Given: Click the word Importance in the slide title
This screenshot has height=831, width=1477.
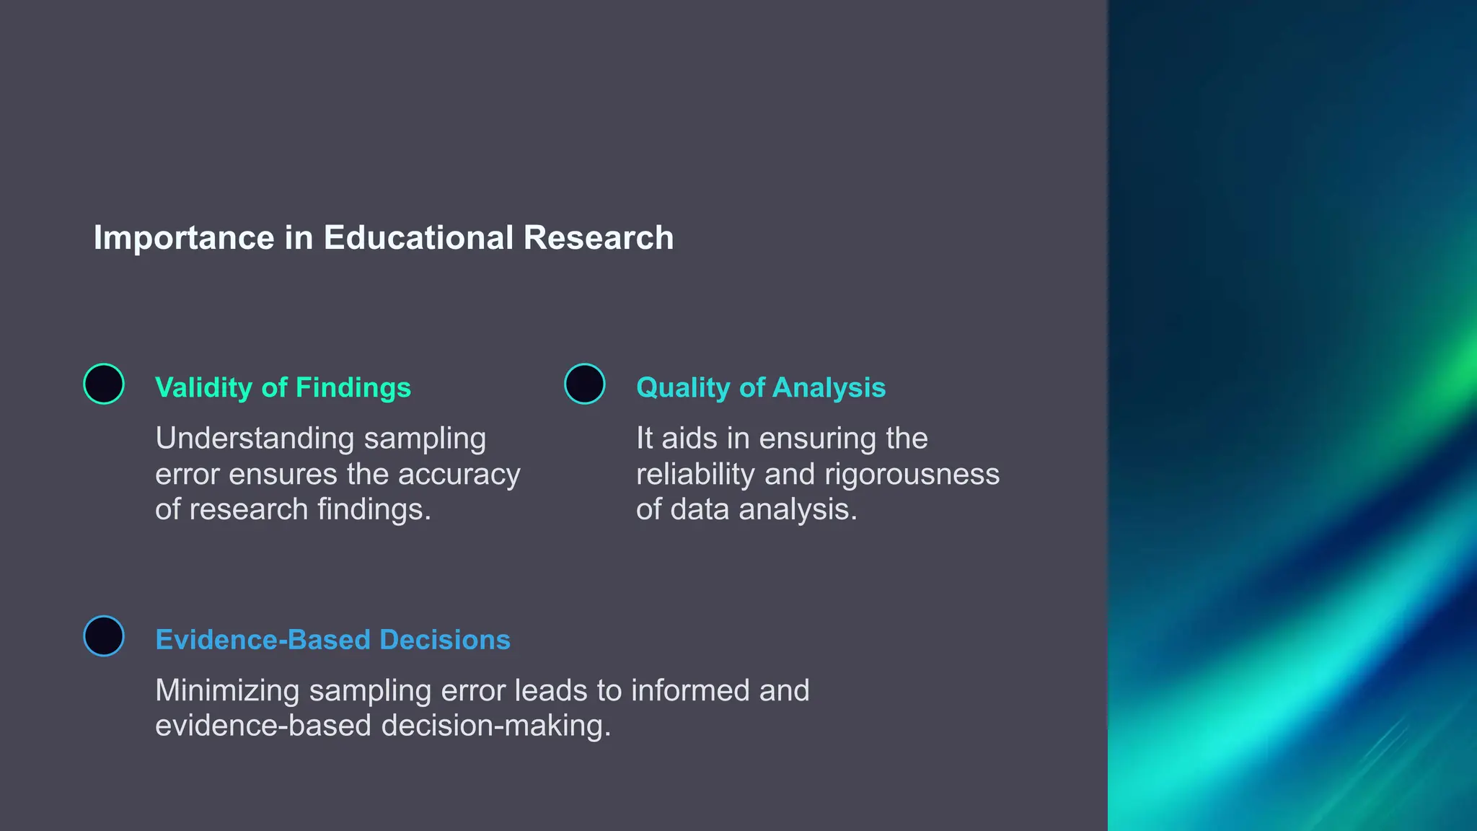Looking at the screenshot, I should click(184, 238).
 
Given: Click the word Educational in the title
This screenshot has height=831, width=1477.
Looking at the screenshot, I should click(418, 238).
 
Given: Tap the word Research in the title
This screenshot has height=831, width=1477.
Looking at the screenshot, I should click(599, 238).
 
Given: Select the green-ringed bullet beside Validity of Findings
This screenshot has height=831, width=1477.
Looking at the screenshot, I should click(104, 384).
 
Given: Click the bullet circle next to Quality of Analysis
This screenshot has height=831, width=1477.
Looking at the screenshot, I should click(584, 384).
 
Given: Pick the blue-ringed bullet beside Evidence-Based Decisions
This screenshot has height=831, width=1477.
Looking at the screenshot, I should click(104, 636).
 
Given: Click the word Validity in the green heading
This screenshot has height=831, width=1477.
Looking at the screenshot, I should click(203, 388).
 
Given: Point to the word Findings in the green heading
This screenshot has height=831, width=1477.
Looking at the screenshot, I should click(353, 388).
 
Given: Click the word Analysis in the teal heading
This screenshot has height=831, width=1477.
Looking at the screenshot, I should click(829, 388).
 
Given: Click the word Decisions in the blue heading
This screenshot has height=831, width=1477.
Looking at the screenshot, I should click(445, 640).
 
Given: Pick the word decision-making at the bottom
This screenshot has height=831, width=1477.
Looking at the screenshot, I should click(495, 726).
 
